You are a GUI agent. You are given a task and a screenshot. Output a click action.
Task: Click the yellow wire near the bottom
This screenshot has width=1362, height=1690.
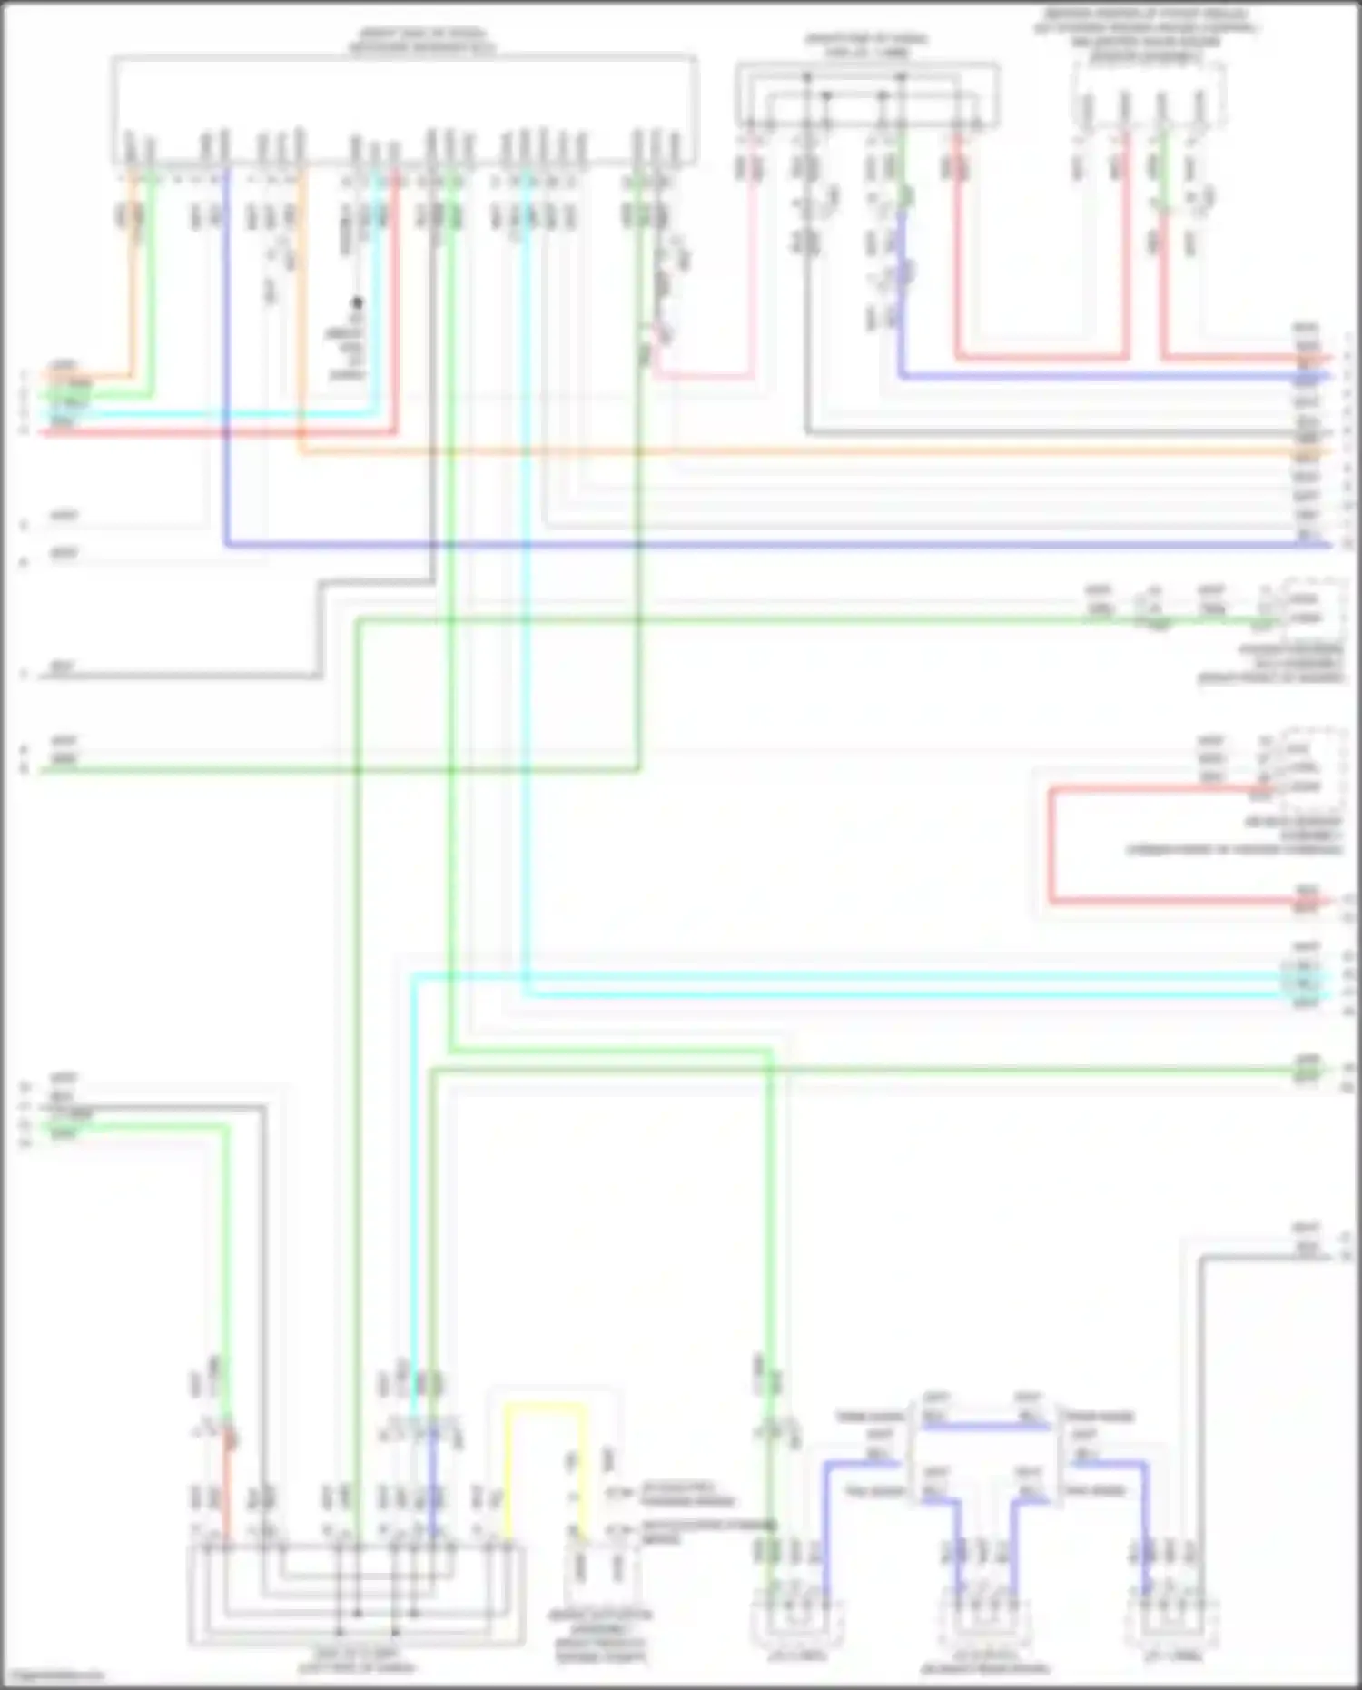click(x=545, y=1407)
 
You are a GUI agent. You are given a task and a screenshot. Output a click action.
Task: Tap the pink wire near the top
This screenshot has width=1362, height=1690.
click(x=753, y=272)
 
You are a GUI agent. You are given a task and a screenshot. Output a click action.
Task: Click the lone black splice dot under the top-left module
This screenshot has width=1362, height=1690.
click(x=358, y=302)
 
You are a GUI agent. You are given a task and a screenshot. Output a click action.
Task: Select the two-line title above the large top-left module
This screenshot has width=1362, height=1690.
click(x=422, y=42)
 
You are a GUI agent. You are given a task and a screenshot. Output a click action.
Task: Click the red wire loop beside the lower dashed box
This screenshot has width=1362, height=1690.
click(x=1051, y=845)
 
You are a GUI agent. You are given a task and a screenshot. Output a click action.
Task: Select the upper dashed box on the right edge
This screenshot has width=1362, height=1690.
click(x=1314, y=609)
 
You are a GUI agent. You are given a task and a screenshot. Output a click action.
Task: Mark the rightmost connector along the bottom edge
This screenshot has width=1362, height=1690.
click(x=1167, y=1616)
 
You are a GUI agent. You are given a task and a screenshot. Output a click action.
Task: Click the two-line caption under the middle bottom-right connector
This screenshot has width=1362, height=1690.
click(x=984, y=1663)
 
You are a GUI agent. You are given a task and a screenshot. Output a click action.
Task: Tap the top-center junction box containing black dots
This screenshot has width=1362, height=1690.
click(x=867, y=96)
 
